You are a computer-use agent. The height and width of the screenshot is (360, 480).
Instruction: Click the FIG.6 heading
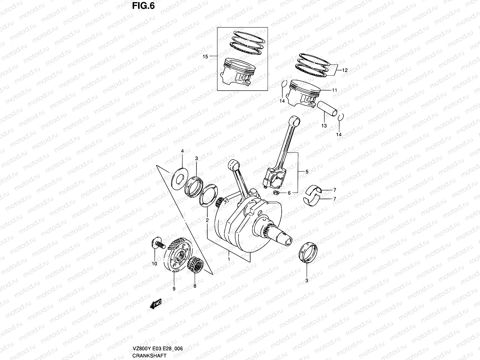coord(143,6)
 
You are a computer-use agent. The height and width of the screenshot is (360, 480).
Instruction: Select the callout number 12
coord(344,70)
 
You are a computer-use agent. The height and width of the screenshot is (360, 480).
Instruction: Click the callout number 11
coord(334,90)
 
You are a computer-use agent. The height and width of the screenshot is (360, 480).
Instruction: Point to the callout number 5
coord(307,172)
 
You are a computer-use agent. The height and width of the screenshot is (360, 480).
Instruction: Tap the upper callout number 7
coord(334,190)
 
